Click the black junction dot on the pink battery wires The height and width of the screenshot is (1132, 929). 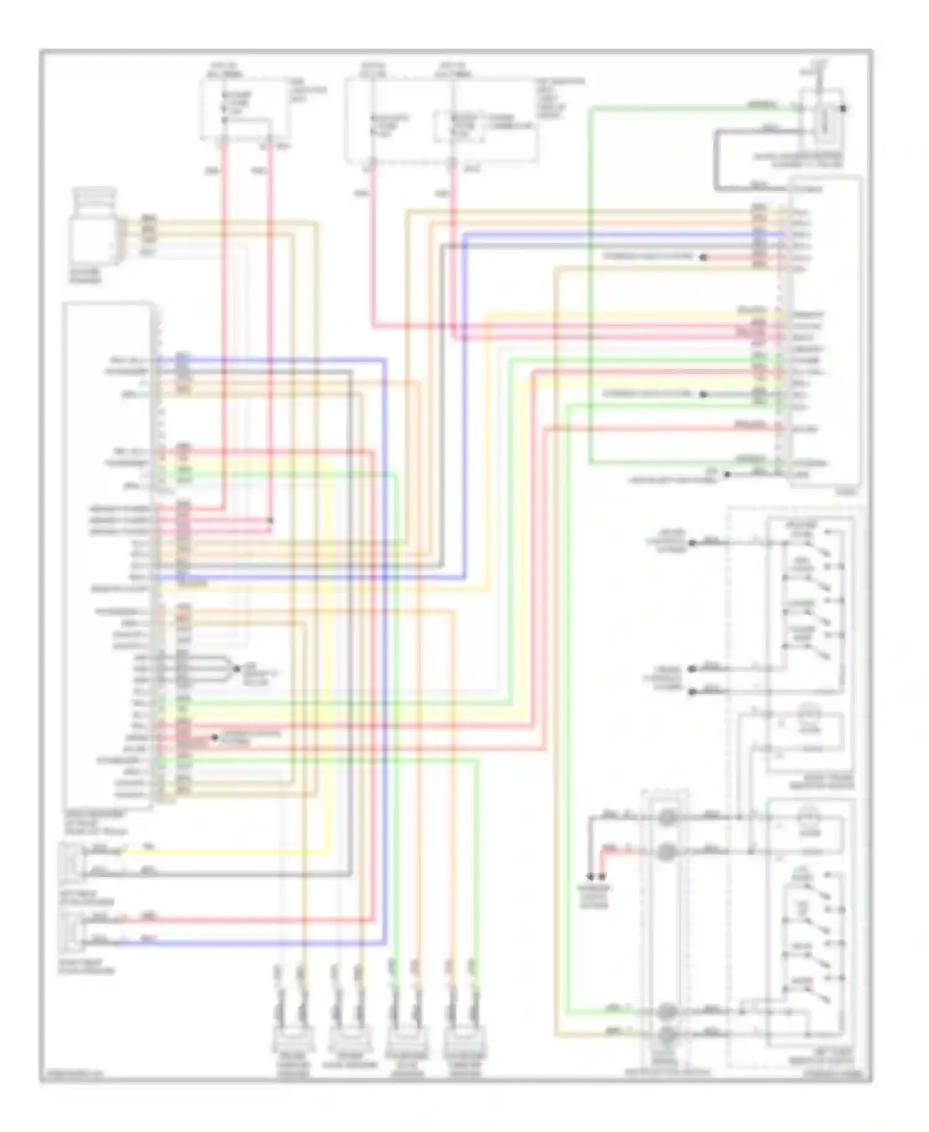point(270,520)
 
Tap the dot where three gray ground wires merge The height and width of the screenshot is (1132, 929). point(237,669)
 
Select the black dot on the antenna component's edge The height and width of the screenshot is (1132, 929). point(843,109)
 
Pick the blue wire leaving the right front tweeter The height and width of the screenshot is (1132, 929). point(248,944)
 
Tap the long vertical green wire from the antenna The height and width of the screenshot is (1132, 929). point(590,285)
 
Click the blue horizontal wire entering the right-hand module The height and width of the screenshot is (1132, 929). point(619,235)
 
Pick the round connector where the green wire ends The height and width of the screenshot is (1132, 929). point(666,1011)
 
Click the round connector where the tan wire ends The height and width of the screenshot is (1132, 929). point(666,1034)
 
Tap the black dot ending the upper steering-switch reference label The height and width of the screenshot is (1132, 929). point(703,257)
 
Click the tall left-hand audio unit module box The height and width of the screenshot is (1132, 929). point(107,554)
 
